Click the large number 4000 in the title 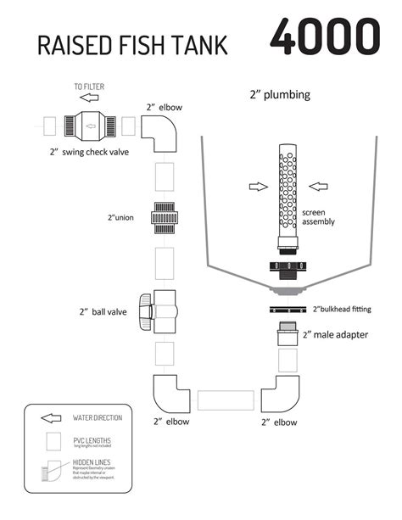325,36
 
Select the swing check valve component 87,126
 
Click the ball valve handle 146,309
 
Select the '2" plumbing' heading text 279,96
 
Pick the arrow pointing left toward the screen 321,186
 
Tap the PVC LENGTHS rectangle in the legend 54,442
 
